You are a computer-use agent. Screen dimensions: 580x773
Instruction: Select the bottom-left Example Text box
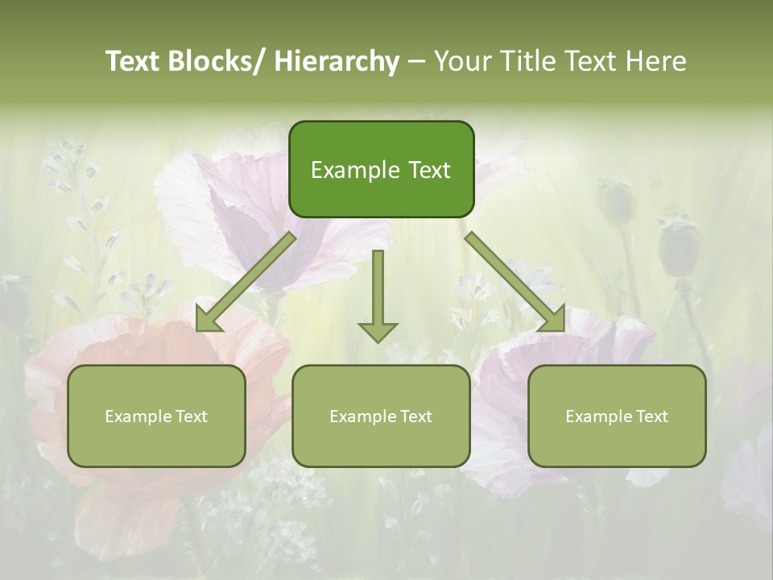tap(156, 416)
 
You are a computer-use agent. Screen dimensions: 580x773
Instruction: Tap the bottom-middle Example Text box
tap(380, 416)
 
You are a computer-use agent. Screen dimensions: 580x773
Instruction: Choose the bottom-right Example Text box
tap(617, 416)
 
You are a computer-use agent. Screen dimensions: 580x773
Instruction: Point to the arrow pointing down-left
tap(246, 282)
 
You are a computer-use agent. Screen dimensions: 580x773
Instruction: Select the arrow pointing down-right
tap(515, 282)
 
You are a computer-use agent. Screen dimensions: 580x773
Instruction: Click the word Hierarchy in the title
tap(337, 61)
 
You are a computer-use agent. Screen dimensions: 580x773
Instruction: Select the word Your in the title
tap(461, 61)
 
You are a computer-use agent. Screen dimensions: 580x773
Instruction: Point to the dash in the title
tap(415, 61)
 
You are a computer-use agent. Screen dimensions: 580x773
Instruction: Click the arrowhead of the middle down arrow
tap(378, 331)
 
